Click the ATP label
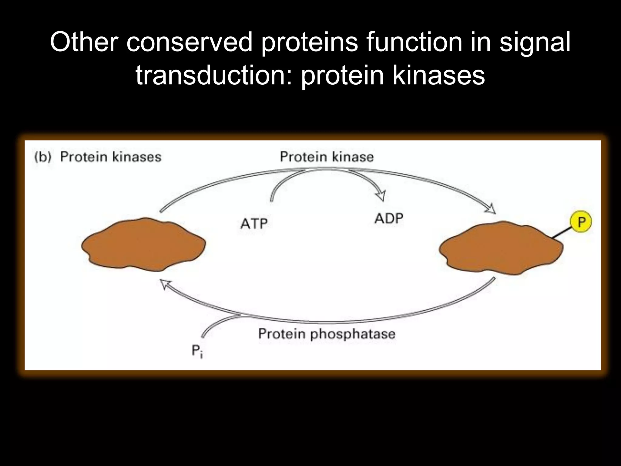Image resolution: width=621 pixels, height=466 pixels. pos(254,224)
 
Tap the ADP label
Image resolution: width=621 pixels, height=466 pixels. pos(389,219)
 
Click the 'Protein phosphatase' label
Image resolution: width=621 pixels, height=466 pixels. pos(327,334)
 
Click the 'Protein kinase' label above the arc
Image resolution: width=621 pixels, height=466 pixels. pos(327,157)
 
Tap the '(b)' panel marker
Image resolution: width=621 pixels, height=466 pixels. pos(43,157)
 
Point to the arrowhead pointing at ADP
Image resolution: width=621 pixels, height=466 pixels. pos(381,195)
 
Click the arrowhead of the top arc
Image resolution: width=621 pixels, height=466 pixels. pos(490,209)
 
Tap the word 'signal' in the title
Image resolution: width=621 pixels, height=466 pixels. pos(535,42)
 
